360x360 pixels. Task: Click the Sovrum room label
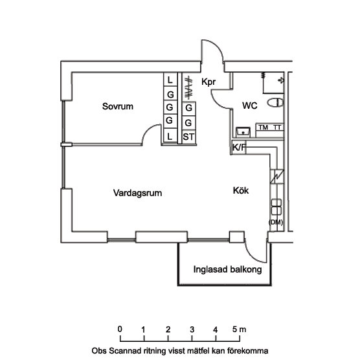click(118, 106)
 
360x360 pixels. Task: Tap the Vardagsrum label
click(137, 193)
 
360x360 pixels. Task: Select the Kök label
click(241, 190)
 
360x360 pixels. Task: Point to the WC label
click(250, 106)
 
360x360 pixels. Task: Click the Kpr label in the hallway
click(208, 82)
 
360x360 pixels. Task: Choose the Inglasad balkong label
click(227, 269)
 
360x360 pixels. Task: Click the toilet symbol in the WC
click(275, 102)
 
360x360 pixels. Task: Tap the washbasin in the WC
click(243, 132)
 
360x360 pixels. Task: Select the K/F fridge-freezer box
click(238, 148)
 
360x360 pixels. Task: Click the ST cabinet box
click(188, 137)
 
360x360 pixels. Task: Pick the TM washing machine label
click(264, 128)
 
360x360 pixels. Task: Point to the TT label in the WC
click(277, 128)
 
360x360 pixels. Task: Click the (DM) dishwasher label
click(276, 222)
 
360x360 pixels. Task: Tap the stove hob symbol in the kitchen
click(276, 207)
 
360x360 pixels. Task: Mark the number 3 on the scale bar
click(192, 330)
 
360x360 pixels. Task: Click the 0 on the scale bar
click(120, 329)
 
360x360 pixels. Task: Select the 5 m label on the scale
click(239, 330)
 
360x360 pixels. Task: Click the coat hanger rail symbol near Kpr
click(188, 88)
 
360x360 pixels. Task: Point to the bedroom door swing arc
click(148, 130)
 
